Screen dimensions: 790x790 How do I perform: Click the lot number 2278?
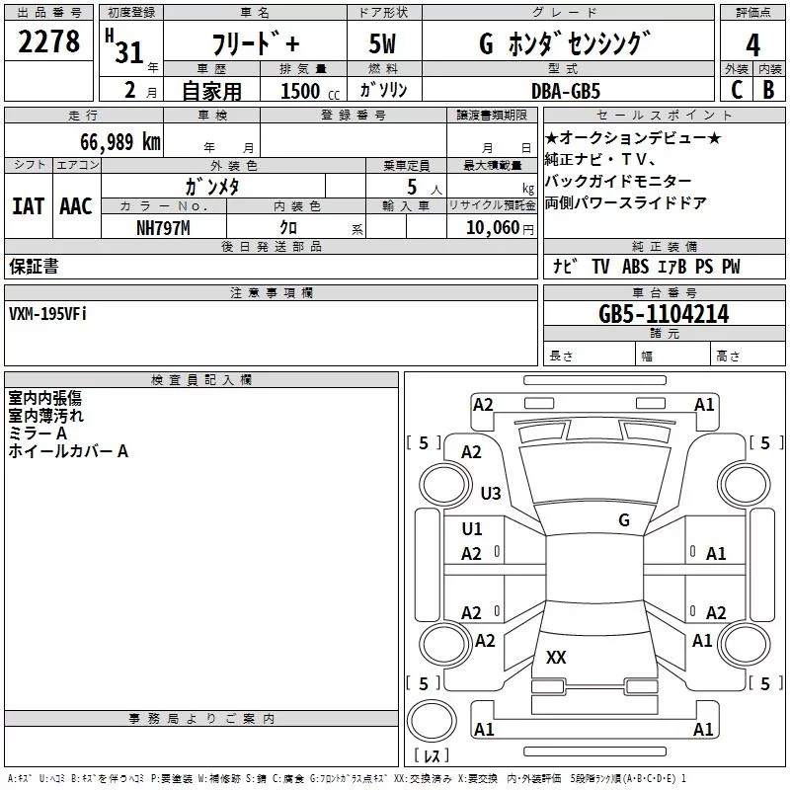pos(48,43)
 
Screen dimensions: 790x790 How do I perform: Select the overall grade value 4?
pos(753,44)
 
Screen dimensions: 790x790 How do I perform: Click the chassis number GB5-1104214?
pos(664,314)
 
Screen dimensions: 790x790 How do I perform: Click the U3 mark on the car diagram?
pos(491,493)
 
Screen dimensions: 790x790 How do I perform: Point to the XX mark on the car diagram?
pos(556,657)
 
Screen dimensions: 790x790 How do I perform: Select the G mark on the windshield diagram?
pos(623,519)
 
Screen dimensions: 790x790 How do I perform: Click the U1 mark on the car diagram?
pos(472,529)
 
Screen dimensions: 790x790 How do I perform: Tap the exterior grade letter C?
pos(736,90)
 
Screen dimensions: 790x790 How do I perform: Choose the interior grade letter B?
pos(768,90)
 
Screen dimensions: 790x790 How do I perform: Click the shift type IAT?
pos(28,205)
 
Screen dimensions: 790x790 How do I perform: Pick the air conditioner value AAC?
pos(75,205)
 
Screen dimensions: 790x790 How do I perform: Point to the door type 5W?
pos(383,44)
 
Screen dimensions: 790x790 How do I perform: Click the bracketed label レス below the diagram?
pos(431,757)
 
